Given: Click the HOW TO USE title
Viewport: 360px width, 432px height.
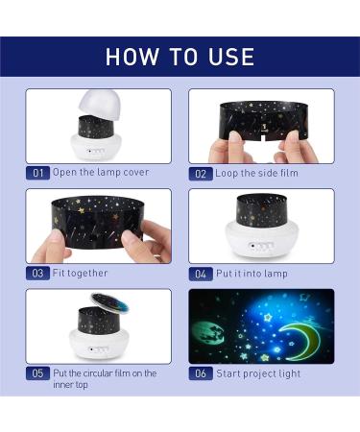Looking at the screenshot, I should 180,56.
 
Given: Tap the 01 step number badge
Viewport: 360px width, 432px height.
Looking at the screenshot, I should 37,174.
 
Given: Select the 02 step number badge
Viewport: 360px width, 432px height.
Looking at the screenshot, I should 201,174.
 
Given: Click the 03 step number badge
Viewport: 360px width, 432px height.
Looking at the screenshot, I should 37,274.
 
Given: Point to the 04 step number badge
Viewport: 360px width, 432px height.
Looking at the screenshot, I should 201,274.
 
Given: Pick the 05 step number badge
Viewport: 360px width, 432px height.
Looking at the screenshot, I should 37,373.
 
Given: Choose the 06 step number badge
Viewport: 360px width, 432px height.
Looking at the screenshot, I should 201,373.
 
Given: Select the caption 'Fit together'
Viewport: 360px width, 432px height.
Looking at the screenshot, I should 80,274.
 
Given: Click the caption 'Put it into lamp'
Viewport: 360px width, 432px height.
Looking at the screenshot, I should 252,274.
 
